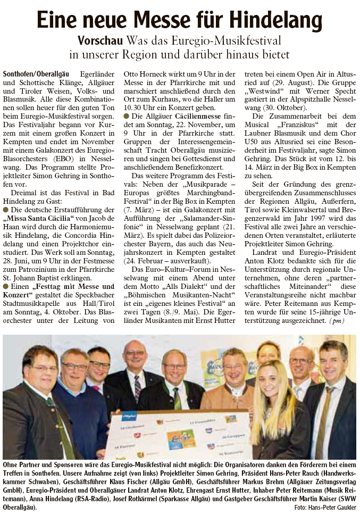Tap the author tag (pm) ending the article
tap(336, 321)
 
